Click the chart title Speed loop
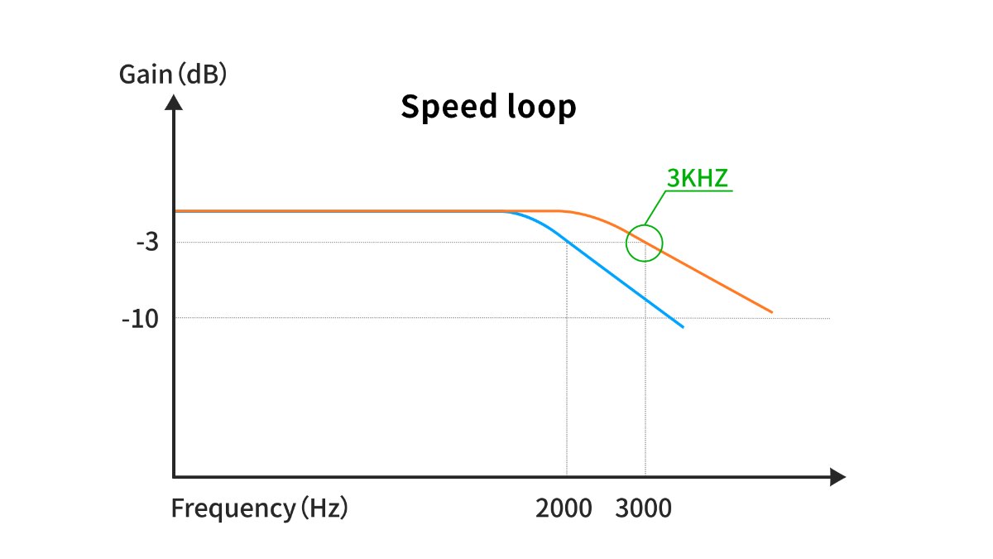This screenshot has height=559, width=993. [x=488, y=107]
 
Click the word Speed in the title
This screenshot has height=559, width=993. [x=449, y=107]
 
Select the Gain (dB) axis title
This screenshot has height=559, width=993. [x=173, y=74]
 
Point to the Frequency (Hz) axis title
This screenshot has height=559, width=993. [x=259, y=508]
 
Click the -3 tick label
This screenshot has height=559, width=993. [x=147, y=242]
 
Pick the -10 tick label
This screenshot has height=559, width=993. [x=140, y=319]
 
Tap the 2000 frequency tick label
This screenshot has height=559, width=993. [x=564, y=508]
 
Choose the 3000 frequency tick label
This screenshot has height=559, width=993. [x=643, y=508]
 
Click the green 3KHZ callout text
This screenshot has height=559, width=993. [x=698, y=178]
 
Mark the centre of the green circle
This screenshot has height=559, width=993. [x=644, y=243]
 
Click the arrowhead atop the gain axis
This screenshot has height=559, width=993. [x=174, y=102]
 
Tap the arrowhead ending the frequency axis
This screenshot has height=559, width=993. [x=837, y=477]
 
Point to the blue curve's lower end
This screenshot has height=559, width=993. [x=684, y=327]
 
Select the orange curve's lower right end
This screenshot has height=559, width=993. [x=772, y=312]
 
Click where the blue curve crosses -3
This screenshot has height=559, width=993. [x=567, y=242]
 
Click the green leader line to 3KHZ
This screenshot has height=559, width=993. [x=655, y=208]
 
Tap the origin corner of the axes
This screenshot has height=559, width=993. [x=174, y=477]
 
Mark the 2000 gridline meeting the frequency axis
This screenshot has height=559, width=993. [x=567, y=476]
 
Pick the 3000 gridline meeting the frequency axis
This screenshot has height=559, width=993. [x=645, y=476]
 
